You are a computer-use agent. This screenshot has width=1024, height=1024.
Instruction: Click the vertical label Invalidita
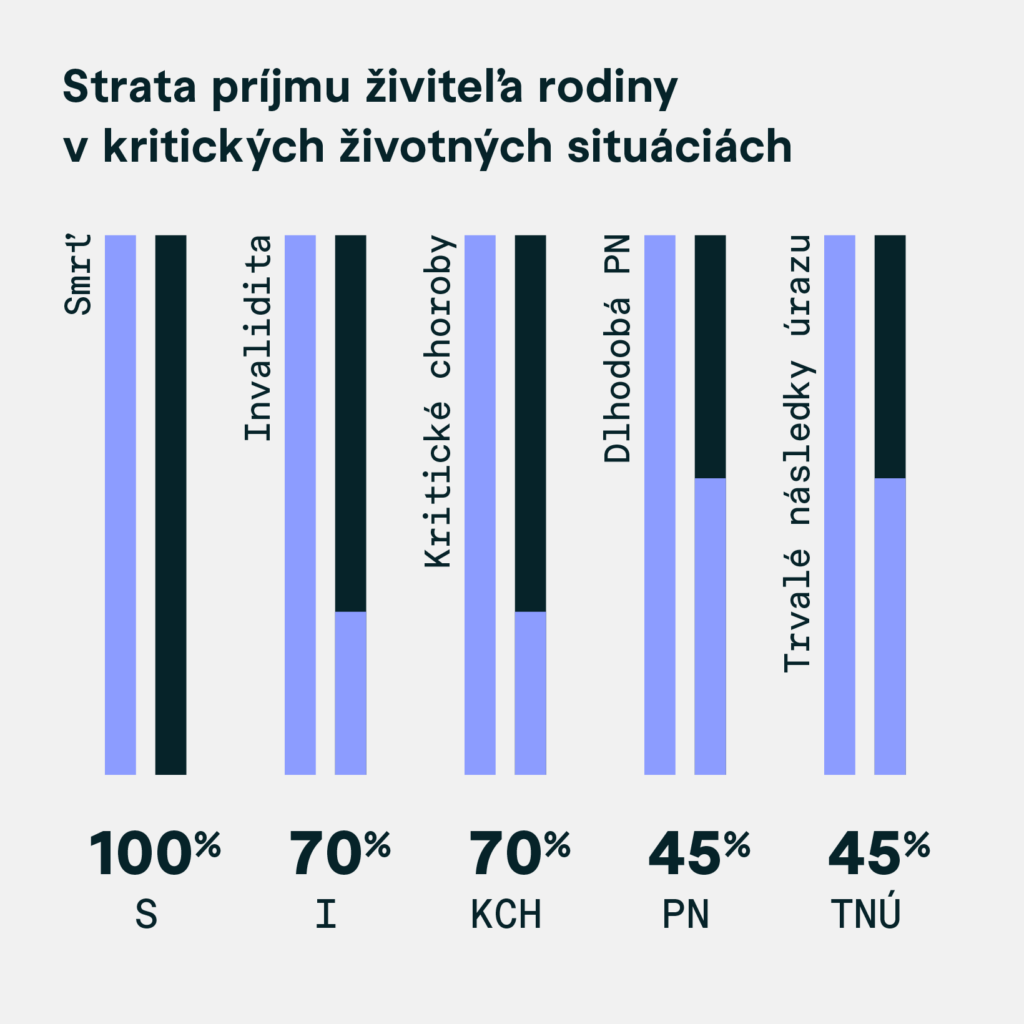[259, 338]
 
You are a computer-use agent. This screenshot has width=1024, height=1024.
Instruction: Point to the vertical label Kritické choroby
[439, 402]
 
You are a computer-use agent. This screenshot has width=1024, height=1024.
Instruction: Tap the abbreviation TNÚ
[865, 914]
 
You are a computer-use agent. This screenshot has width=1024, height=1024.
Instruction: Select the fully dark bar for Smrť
[171, 505]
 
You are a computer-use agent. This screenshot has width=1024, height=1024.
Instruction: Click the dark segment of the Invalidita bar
[350, 423]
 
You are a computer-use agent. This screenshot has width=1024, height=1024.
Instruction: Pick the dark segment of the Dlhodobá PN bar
[710, 357]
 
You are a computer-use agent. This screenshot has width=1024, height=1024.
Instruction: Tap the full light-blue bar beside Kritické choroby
[480, 505]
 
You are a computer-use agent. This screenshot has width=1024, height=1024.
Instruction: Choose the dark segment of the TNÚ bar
[890, 357]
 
